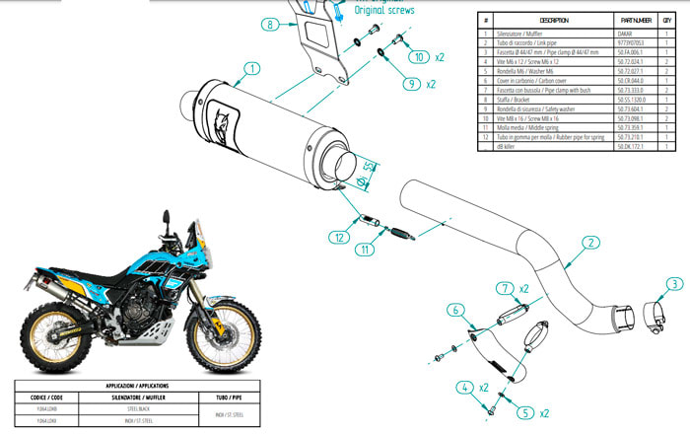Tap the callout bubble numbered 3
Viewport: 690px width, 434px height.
(x=674, y=284)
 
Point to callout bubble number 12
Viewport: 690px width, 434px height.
(x=337, y=237)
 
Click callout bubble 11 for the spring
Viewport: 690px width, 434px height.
(x=366, y=250)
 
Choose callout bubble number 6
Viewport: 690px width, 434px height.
(x=455, y=310)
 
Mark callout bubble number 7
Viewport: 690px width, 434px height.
(x=505, y=288)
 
